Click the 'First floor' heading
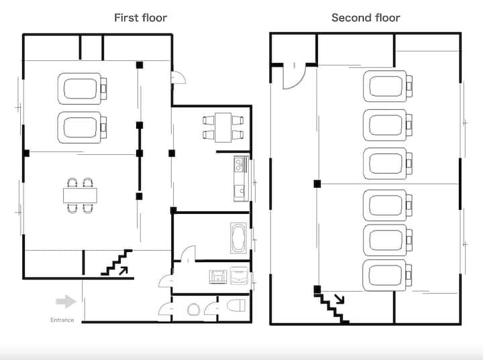140,18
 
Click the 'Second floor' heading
366,18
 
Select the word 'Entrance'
62,320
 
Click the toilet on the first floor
237,306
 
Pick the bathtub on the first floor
238,238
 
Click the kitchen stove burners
238,164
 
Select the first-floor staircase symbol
117,262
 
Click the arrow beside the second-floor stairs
339,299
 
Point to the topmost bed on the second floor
388,86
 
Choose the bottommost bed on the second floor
388,276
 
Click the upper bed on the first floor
83,88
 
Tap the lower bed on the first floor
83,127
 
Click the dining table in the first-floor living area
80,196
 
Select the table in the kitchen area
223,128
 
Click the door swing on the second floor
294,77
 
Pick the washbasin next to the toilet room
193,310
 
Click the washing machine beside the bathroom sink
239,276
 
